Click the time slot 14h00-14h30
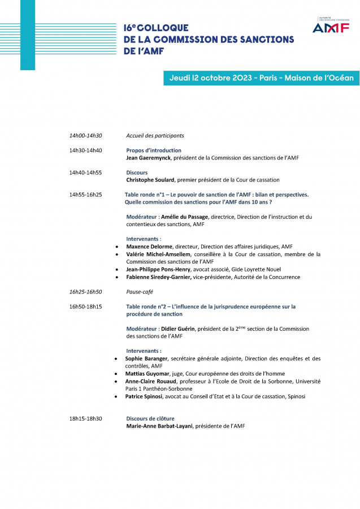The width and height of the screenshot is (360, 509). coord(85,136)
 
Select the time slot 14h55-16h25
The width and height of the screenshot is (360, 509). coord(85,195)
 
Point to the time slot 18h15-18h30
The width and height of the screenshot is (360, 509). coord(85,419)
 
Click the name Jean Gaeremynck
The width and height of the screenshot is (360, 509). coord(149,158)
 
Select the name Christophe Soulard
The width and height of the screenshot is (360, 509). coord(151,180)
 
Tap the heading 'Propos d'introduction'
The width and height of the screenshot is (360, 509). coord(154,150)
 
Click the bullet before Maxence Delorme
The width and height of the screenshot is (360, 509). coord(116,247)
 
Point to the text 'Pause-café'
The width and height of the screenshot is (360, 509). coord(140,292)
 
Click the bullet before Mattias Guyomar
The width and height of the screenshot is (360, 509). coord(116,374)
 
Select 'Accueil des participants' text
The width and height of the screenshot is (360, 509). coord(155,136)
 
